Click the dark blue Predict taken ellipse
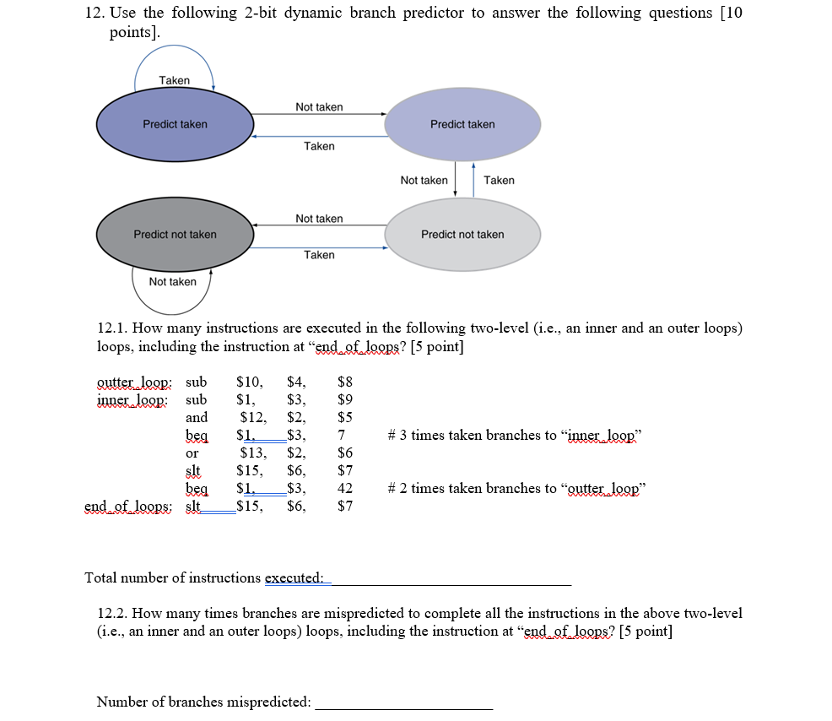click(x=175, y=124)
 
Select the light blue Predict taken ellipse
click(x=462, y=124)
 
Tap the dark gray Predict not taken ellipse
click(x=175, y=234)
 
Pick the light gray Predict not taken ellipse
click(x=462, y=234)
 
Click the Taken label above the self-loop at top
click(x=174, y=80)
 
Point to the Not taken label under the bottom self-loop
click(x=172, y=281)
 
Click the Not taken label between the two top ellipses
click(x=319, y=107)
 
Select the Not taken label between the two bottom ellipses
click(x=319, y=219)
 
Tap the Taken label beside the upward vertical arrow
click(x=499, y=180)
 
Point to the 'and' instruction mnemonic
click(x=196, y=417)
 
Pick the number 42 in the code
click(x=343, y=488)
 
